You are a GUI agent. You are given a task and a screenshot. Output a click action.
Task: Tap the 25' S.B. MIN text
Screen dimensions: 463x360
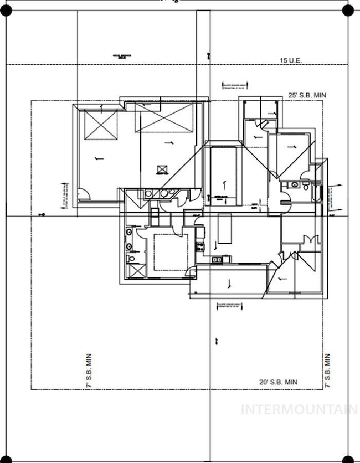click(307, 96)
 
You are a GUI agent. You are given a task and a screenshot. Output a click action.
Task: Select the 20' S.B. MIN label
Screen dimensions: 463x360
click(278, 382)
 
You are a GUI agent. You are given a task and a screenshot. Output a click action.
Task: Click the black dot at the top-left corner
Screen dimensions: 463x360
click(6, 10)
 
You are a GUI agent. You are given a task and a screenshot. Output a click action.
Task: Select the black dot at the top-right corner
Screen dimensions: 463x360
click(347, 10)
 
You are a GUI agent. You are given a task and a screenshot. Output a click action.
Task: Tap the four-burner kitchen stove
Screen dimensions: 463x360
click(200, 246)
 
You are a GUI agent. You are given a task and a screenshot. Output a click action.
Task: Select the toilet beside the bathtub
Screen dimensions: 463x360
click(305, 186)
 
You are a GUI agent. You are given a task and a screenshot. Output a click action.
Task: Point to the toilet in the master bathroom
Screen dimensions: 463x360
click(130, 258)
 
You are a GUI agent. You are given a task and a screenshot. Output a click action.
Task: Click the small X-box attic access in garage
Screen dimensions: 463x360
click(162, 169)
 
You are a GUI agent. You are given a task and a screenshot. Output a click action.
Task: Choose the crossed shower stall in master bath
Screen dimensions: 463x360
click(134, 271)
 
